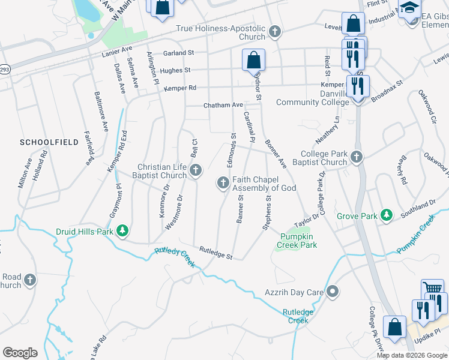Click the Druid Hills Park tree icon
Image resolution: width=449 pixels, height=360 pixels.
coord(123,231)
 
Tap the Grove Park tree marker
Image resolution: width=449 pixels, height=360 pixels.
coord(387,215)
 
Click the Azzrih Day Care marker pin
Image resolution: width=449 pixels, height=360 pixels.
coord(334,292)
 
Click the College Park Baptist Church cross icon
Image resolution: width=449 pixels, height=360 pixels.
coord(357,157)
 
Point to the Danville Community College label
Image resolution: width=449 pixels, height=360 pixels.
coord(312,98)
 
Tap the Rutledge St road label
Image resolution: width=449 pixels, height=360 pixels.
coord(215,253)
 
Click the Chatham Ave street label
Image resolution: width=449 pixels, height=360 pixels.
coord(223,105)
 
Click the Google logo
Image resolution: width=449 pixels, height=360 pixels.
coord(20,353)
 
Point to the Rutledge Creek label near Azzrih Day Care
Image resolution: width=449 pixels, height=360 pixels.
coord(298,316)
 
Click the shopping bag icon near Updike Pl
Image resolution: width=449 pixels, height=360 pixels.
coord(395,327)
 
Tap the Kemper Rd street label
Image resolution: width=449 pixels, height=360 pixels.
coord(179,88)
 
